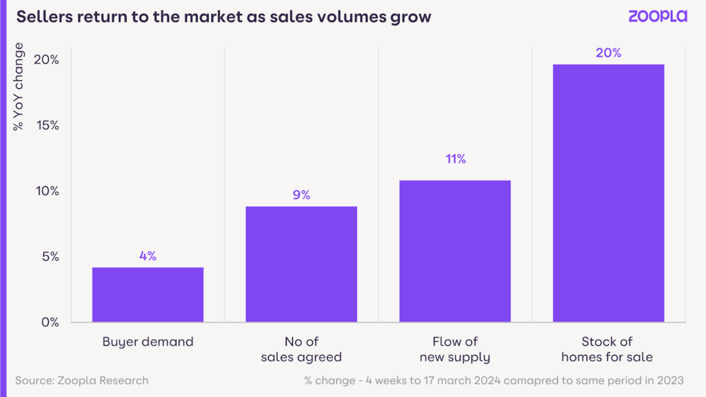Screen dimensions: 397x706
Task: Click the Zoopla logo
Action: [657, 16]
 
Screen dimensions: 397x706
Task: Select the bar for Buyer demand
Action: [148, 294]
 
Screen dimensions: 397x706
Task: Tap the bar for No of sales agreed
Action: [301, 264]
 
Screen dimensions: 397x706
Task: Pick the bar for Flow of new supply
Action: [455, 251]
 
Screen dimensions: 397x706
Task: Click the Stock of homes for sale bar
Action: [609, 193]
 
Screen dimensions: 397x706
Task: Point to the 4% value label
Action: [148, 256]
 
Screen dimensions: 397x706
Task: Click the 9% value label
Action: [301, 195]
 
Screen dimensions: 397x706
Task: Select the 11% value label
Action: [455, 159]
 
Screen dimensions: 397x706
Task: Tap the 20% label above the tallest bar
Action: [609, 53]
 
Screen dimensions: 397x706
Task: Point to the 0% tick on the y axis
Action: [49, 322]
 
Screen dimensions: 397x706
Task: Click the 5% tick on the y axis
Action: [49, 256]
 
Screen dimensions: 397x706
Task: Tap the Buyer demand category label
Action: [148, 341]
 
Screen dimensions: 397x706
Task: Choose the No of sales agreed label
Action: [301, 349]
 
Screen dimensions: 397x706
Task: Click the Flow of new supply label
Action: [455, 349]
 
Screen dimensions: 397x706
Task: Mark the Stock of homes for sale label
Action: [607, 349]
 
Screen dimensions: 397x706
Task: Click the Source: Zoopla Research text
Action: [81, 380]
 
